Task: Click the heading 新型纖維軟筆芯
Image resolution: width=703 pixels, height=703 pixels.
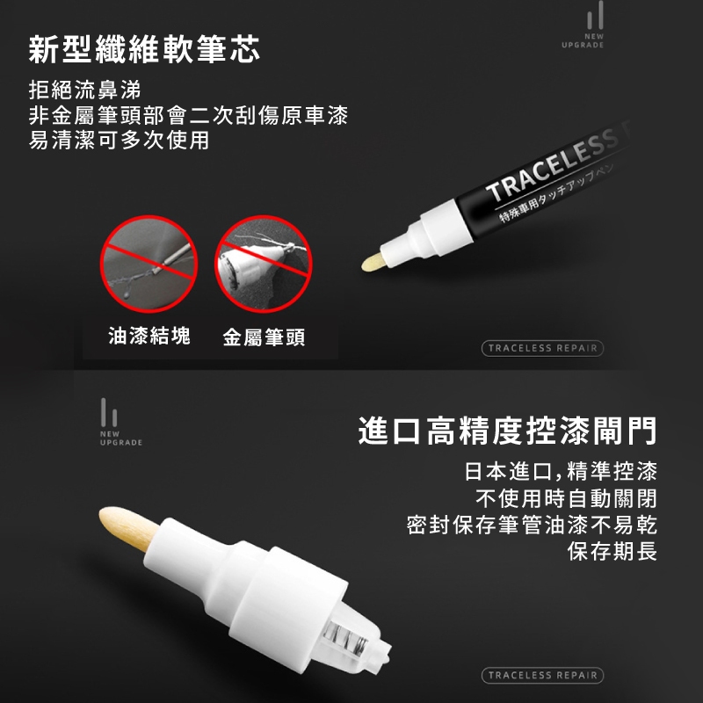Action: coord(144,49)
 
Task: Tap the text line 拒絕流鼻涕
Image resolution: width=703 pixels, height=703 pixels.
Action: coord(84,90)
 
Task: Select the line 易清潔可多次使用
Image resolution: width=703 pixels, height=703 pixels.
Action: coord(119,140)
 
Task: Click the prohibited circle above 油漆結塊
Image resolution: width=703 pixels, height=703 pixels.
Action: coord(149,265)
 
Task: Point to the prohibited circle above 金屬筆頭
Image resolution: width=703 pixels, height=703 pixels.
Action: coord(263,265)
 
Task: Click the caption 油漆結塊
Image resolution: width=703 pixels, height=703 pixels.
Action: coord(149,336)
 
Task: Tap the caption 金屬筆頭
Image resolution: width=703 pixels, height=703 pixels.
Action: coord(265,337)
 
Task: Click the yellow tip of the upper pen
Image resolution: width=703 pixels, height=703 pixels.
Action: coord(372,262)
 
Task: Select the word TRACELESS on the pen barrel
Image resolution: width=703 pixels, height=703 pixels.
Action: coord(554,163)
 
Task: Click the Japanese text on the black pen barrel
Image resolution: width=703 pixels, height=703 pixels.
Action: coord(556,193)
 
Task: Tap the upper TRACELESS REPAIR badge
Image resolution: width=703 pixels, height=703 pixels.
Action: coord(542,348)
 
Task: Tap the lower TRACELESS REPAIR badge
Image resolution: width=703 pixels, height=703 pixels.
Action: coord(542,675)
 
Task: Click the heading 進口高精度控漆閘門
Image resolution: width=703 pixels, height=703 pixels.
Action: coord(508,431)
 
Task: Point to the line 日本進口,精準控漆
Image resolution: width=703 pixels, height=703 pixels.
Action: coord(561,471)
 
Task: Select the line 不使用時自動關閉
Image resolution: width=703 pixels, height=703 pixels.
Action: coord(566,498)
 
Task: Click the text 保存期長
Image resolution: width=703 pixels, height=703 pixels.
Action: coord(612,551)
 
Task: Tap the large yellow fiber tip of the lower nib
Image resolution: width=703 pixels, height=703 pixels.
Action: coord(127,528)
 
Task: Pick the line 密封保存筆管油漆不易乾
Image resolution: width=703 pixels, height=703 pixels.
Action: coord(532,525)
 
